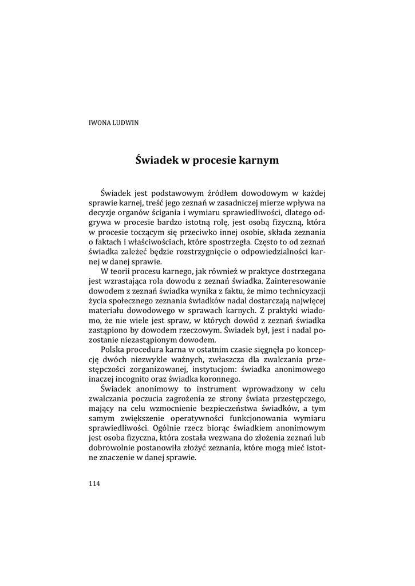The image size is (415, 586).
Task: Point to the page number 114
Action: pos(94,484)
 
